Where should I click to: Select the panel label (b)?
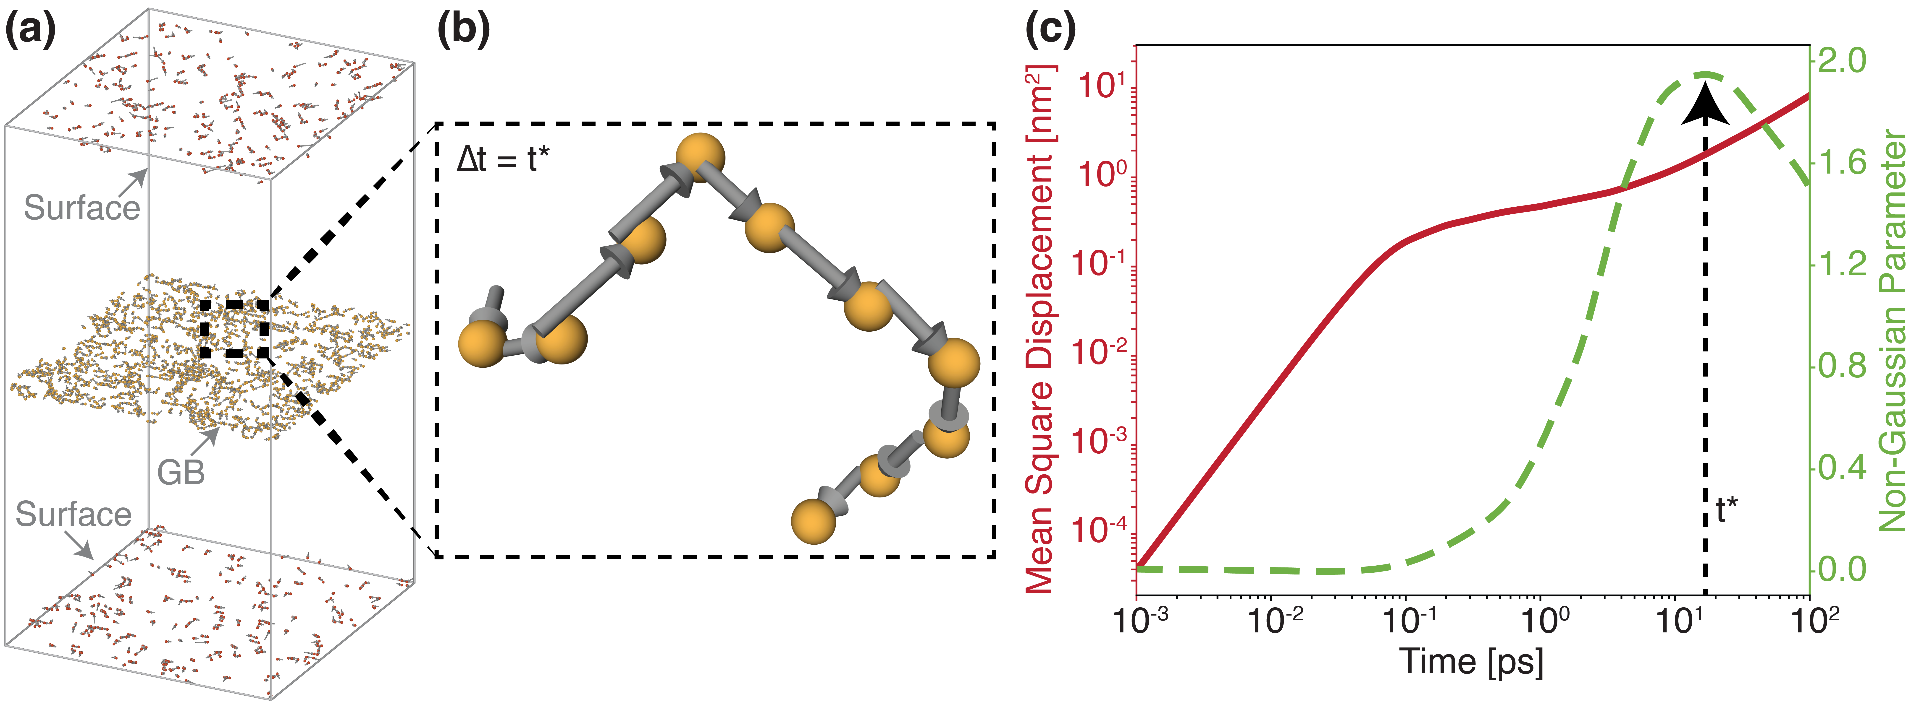tap(464, 31)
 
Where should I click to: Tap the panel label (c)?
tap(1050, 31)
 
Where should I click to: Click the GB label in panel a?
tap(181, 472)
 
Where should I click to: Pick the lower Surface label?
tap(73, 514)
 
